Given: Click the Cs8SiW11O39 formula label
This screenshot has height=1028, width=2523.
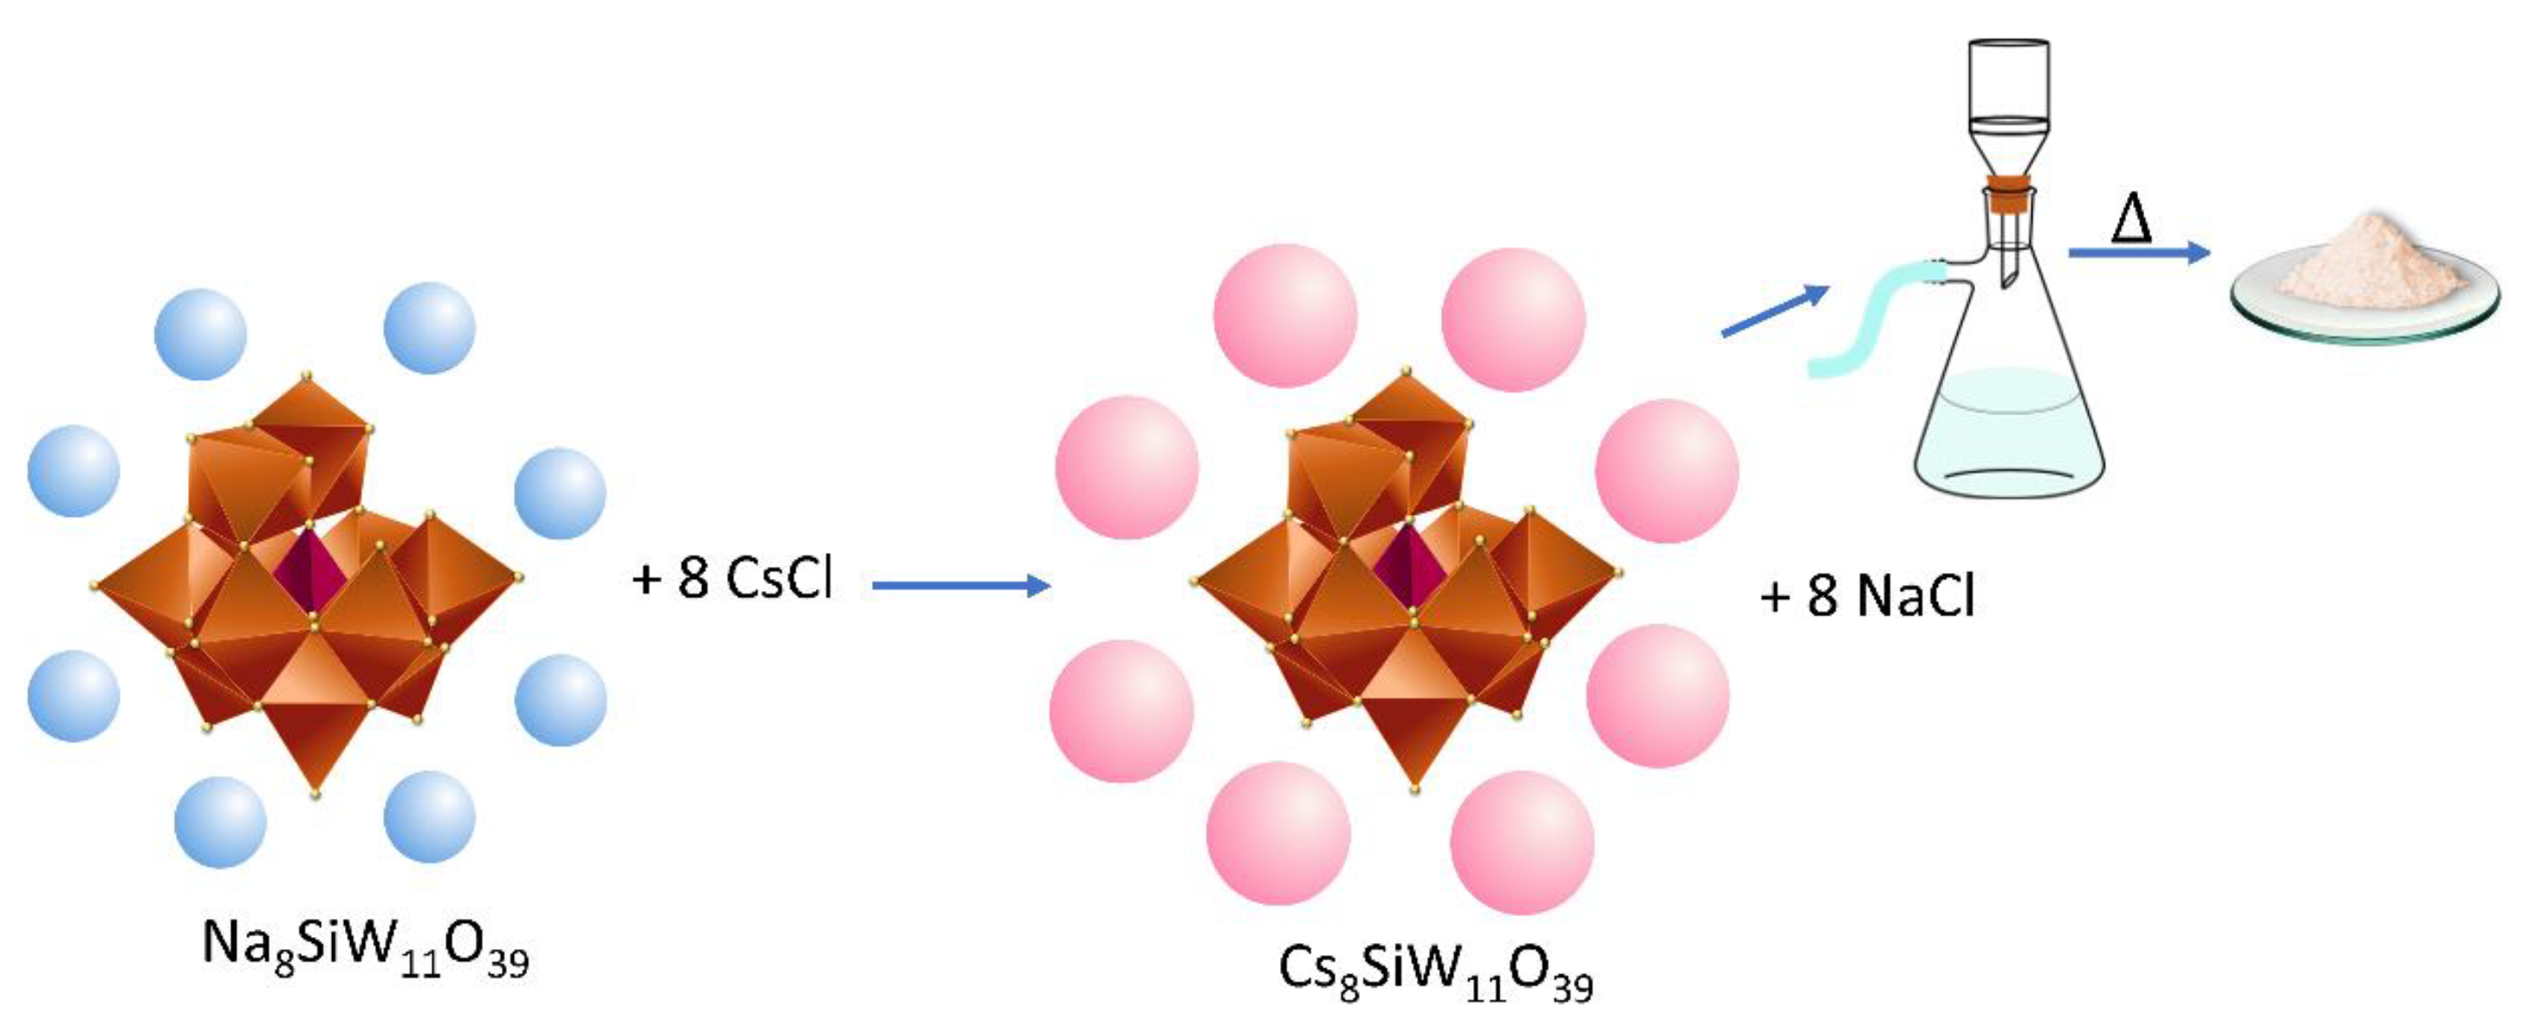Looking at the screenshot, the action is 1436,975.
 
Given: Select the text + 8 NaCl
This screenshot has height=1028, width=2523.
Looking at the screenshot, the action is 1867,595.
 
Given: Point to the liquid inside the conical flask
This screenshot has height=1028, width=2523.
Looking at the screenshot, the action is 2009,431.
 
